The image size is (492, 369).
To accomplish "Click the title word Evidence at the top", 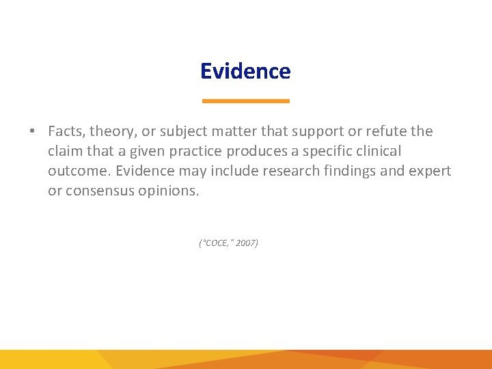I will [245, 71].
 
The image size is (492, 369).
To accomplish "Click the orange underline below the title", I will [245, 101].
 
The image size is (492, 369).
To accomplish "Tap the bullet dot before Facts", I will [32, 131].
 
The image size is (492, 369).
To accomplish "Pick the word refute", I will [385, 131].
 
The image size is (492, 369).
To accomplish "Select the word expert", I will [430, 171].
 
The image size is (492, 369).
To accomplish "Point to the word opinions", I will [167, 191].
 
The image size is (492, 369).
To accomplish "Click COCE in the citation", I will [216, 243].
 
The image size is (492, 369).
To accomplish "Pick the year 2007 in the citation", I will [246, 243].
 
